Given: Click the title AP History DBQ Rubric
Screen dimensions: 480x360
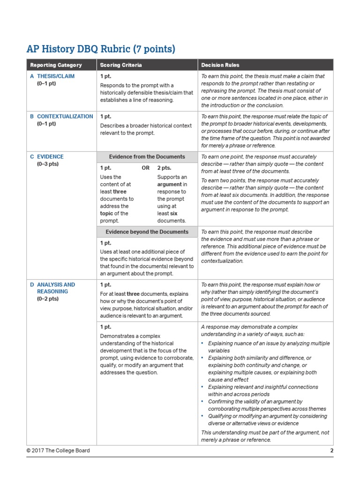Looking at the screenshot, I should (x=101, y=49).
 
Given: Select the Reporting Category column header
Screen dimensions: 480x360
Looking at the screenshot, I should (x=56, y=65).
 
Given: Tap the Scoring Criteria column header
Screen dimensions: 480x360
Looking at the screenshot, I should (x=120, y=65).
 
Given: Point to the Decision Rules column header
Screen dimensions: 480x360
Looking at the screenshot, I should (x=220, y=65).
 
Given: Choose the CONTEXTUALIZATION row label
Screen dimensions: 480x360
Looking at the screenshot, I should (x=65, y=116).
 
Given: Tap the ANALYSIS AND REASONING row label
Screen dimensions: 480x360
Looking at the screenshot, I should (x=55, y=288).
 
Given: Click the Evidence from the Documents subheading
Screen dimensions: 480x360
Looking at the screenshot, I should (x=147, y=157).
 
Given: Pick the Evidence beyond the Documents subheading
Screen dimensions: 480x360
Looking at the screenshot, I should (x=147, y=232).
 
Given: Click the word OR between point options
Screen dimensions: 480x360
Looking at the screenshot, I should (x=145, y=167).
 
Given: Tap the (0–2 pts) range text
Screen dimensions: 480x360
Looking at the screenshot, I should (x=47, y=299).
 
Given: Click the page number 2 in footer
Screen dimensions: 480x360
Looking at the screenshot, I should (x=331, y=450).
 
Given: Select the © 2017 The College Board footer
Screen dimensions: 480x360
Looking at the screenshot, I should (x=58, y=450).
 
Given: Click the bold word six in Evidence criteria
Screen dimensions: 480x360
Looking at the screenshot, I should (x=173, y=213).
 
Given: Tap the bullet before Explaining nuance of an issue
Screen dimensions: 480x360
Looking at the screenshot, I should (x=203, y=344).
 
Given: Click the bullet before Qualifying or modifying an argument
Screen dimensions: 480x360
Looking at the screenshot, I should (x=203, y=416).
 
